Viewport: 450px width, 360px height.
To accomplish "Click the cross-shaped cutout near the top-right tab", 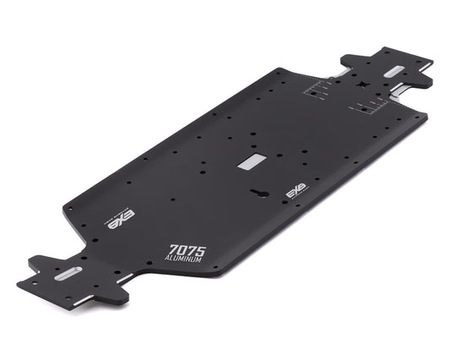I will coord(361,85).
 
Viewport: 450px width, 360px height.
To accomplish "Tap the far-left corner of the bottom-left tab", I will coord(18,280).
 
